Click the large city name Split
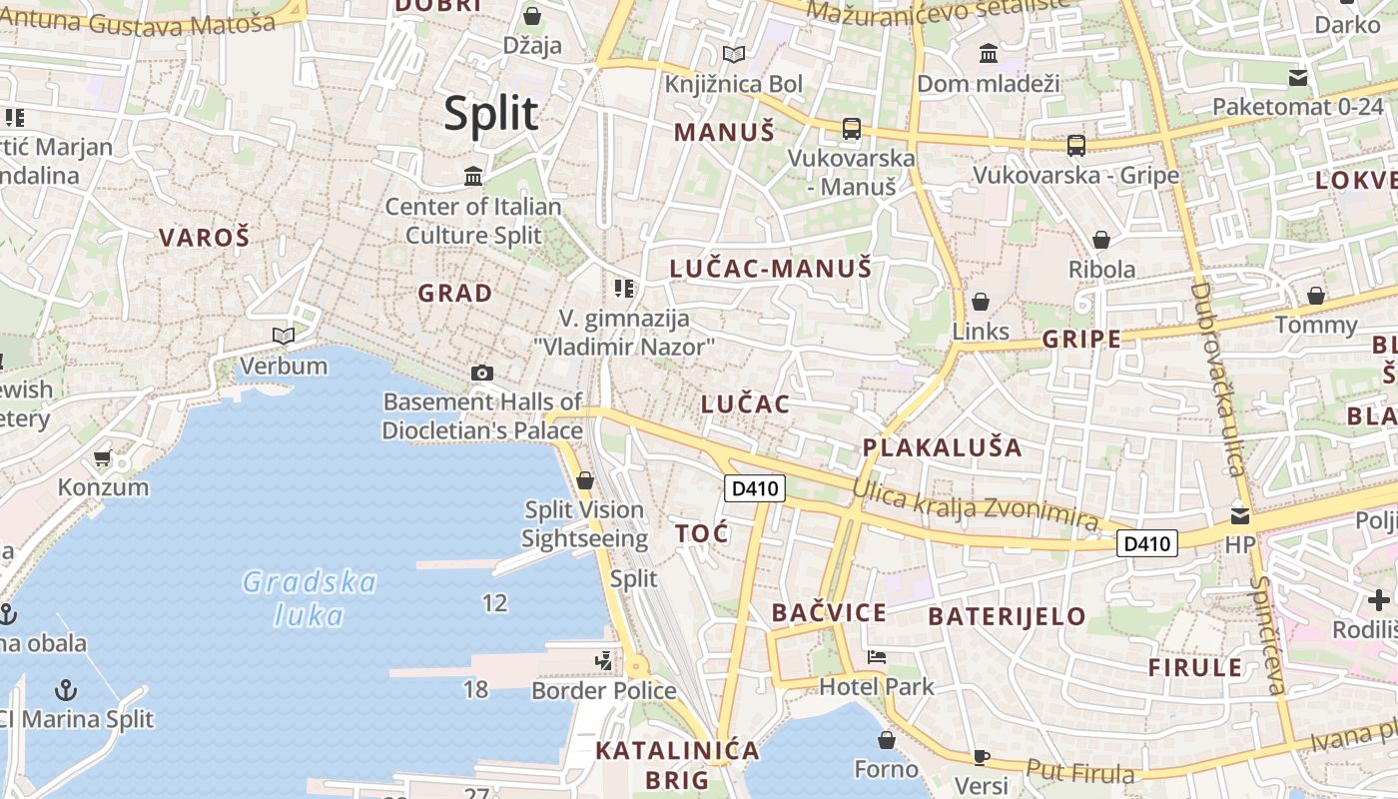click(491, 114)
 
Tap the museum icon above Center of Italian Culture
click(473, 177)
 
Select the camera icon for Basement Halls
click(482, 373)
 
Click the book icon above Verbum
click(284, 336)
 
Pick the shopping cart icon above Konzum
click(102, 458)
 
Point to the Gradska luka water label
click(310, 598)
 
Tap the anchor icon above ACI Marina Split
click(65, 689)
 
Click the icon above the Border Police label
click(603, 661)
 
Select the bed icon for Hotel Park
click(877, 657)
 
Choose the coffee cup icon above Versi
click(981, 757)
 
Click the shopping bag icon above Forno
click(886, 740)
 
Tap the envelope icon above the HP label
click(1239, 515)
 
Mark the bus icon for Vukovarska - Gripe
click(1076, 146)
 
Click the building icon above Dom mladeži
click(989, 53)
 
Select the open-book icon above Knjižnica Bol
click(734, 54)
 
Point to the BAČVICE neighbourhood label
click(829, 613)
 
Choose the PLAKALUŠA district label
click(942, 447)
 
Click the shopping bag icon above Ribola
click(1101, 240)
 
